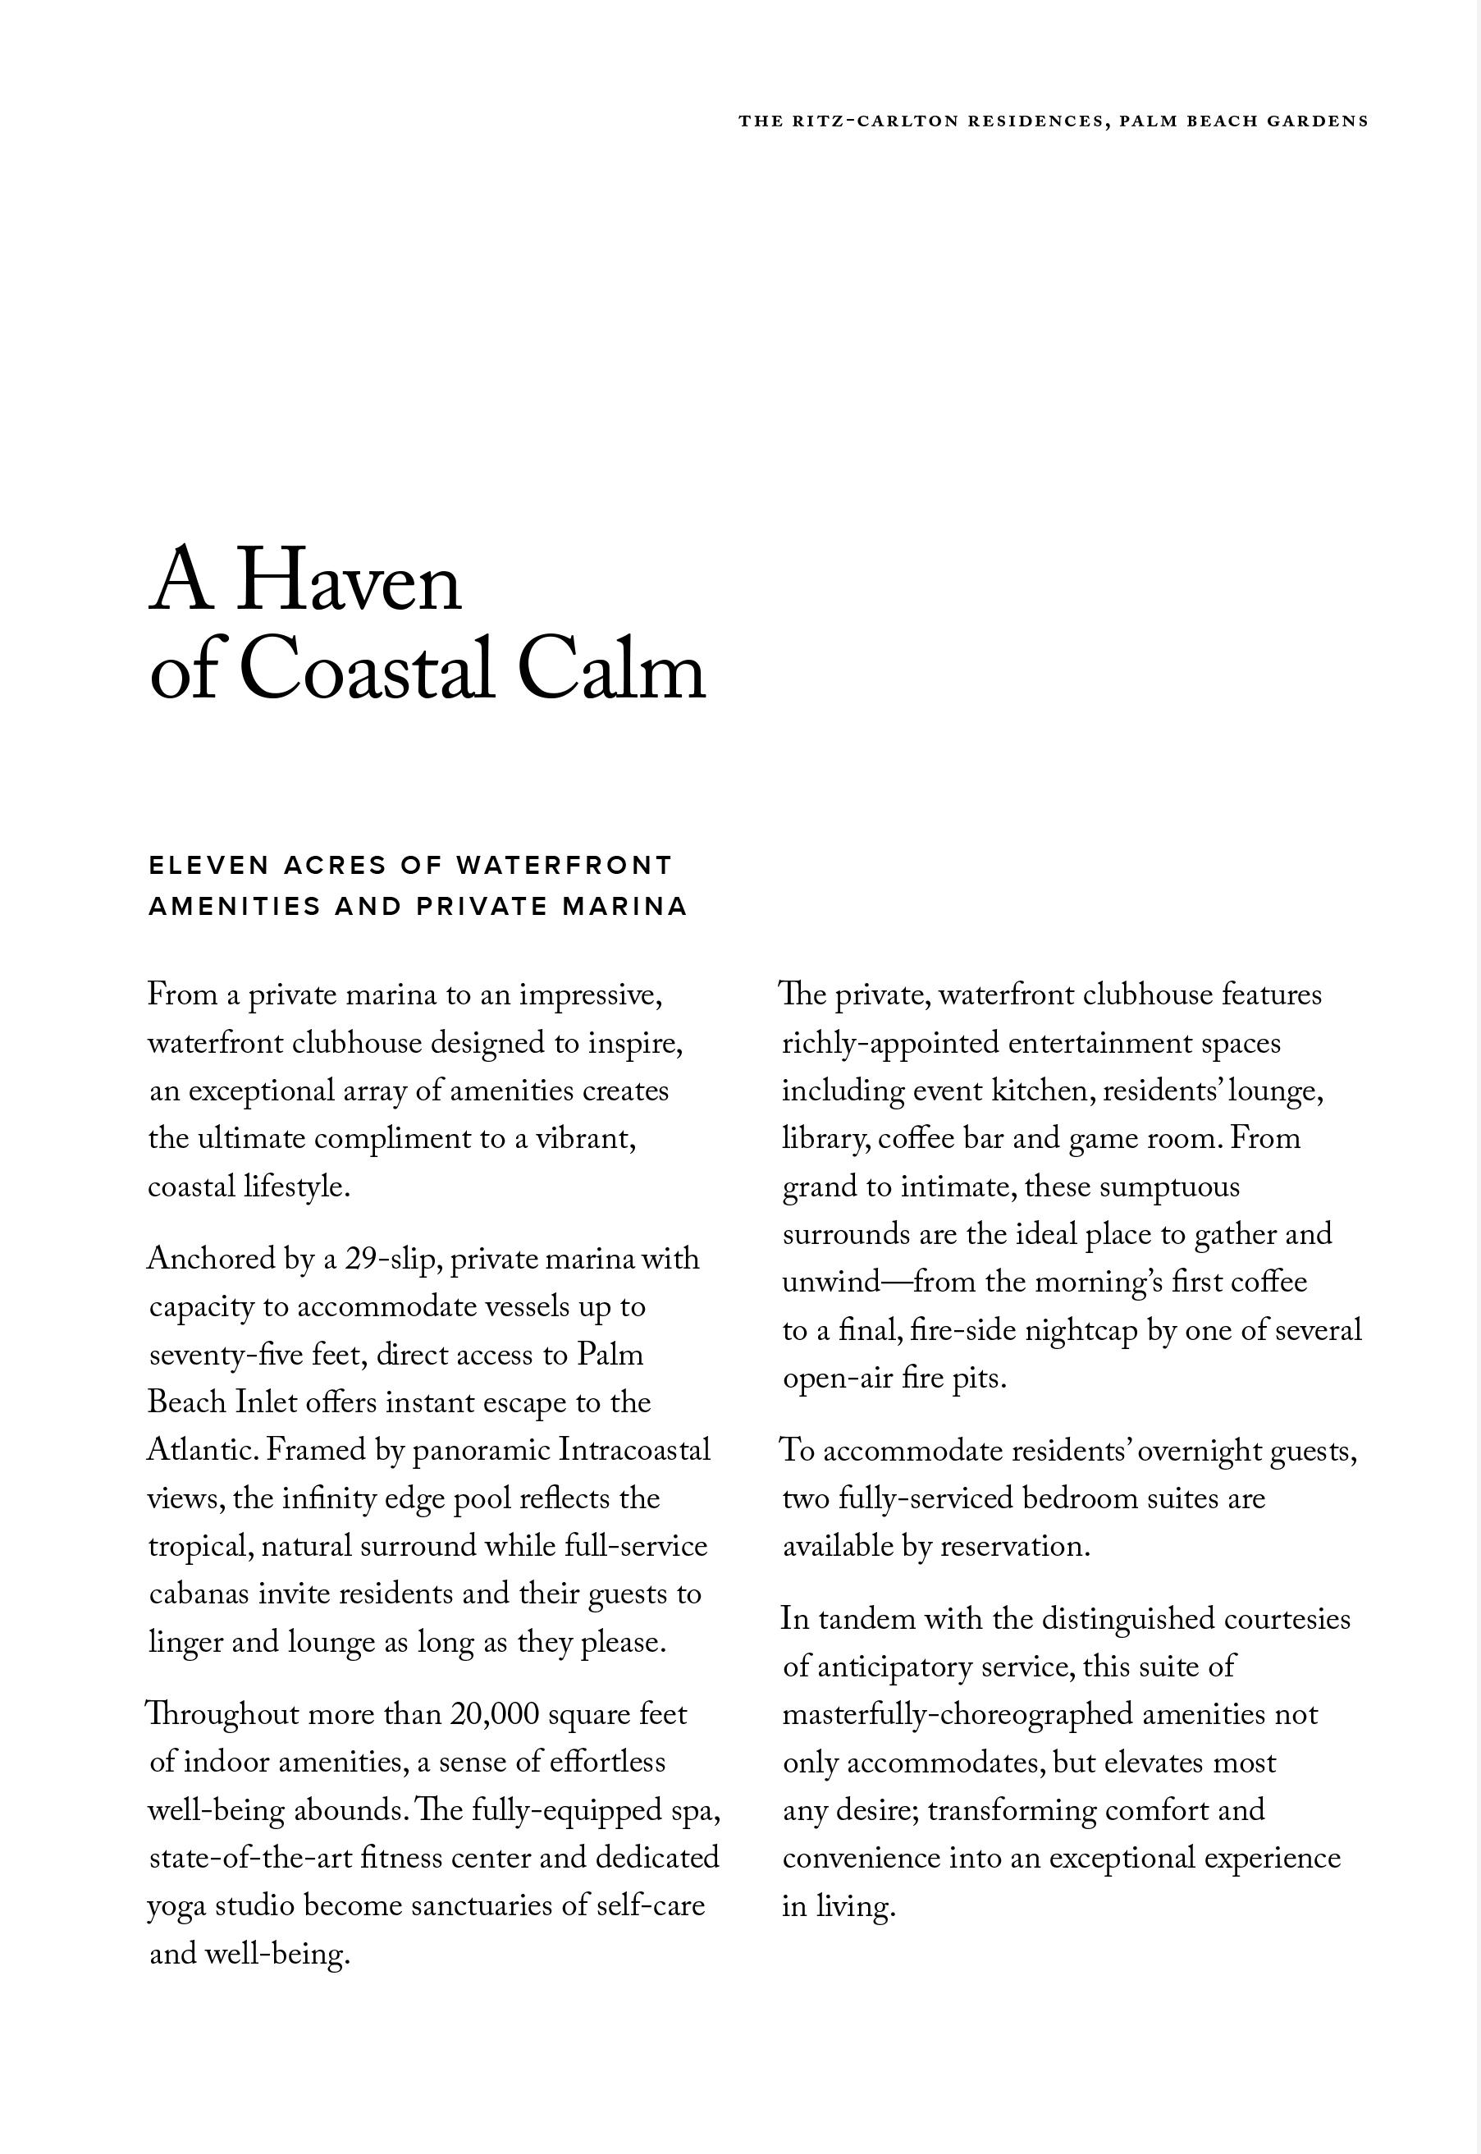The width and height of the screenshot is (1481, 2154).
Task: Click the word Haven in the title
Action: (x=349, y=583)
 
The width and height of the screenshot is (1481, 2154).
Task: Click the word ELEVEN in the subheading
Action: (x=208, y=865)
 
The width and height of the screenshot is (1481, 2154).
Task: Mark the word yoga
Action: (x=177, y=1906)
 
